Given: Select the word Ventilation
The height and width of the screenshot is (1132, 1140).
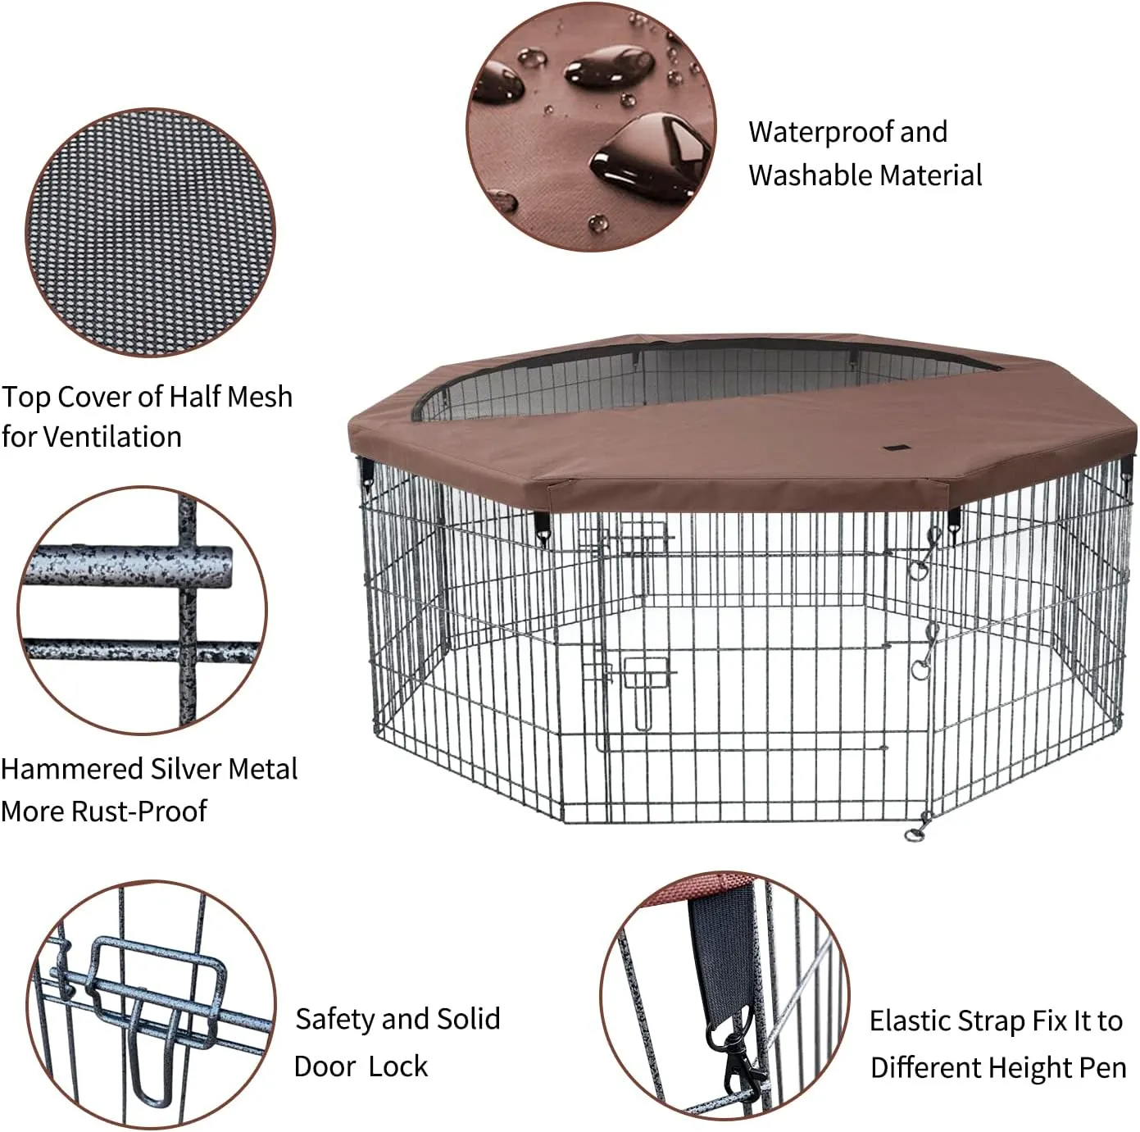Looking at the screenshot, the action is (112, 437).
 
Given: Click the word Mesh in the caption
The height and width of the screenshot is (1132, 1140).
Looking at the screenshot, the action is (260, 397).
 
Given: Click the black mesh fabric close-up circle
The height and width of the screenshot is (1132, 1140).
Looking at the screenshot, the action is (150, 233).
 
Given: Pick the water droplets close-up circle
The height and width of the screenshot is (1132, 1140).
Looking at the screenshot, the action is (591, 126).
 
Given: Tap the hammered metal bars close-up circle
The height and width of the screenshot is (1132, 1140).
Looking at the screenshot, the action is (143, 610).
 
